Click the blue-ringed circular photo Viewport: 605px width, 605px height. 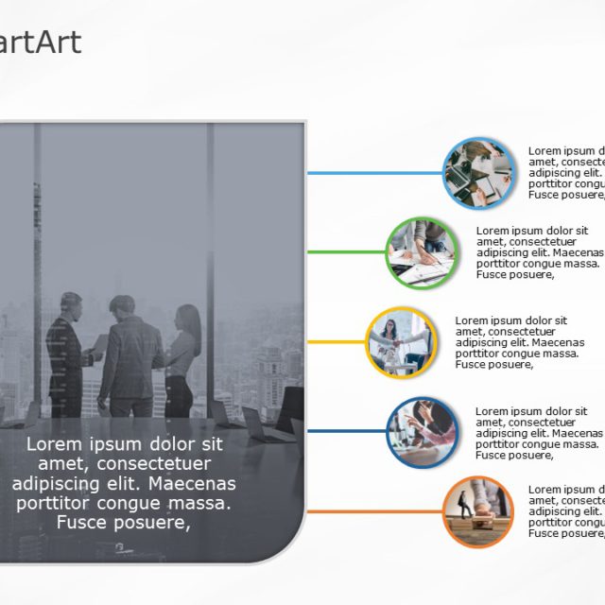[478, 173]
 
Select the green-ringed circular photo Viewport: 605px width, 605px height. [422, 252]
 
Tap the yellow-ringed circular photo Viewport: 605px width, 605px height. [401, 342]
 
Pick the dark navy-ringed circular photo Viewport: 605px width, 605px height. [422, 432]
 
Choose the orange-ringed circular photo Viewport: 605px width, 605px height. [478, 511]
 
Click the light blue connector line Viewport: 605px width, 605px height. [374, 173]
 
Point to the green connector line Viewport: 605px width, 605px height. [346, 252]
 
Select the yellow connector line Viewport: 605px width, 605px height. [336, 342]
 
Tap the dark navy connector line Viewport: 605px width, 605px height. [346, 432]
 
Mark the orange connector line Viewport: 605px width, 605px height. [374, 511]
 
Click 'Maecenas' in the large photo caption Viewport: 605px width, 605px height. [199, 483]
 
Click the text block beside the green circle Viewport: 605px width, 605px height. [538, 252]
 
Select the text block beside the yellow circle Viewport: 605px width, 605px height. [519, 342]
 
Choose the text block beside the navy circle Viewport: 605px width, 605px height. [538, 432]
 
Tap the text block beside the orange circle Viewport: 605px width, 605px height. [565, 511]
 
